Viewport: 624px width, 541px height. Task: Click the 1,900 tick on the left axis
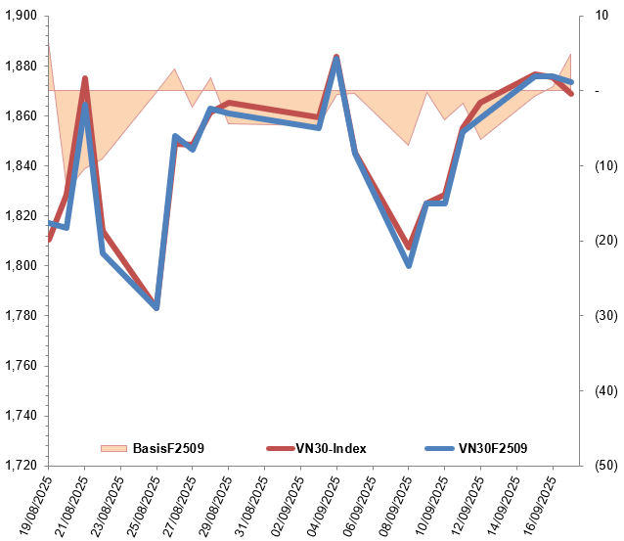(19, 17)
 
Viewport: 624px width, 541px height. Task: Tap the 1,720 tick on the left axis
(19, 466)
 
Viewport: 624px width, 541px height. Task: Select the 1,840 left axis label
(19, 166)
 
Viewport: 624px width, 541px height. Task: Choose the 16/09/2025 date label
(539, 505)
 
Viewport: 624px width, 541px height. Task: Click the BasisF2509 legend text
(168, 448)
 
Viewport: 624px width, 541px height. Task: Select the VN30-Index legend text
(331, 448)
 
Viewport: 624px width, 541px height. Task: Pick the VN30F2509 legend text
(493, 448)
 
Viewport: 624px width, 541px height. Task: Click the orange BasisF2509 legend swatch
(113, 448)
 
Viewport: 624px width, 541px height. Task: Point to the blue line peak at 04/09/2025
(336, 59)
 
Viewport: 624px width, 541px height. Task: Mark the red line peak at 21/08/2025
(85, 78)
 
